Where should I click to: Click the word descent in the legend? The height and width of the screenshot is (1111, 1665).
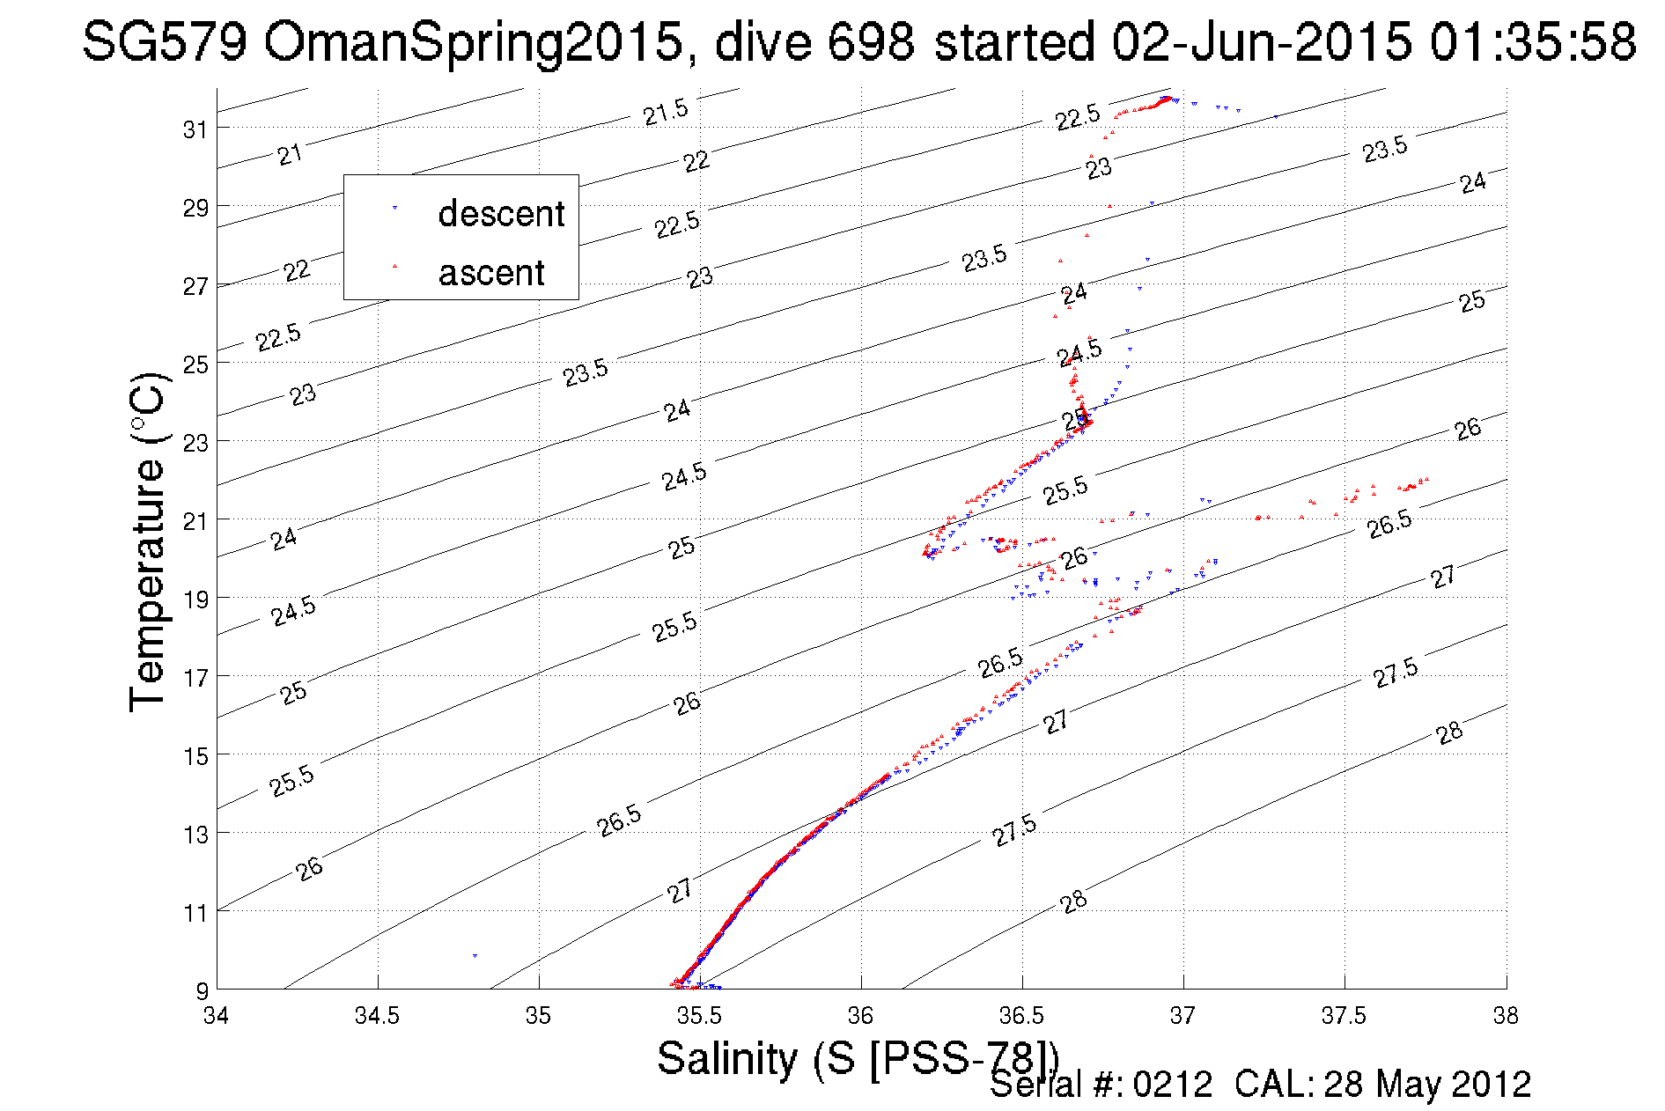[501, 214]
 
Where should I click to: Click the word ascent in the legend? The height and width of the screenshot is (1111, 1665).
[491, 273]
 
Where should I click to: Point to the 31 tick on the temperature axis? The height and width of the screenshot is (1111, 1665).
[195, 129]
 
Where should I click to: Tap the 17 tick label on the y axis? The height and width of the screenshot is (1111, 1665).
[195, 677]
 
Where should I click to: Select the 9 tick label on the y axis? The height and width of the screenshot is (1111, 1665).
[202, 990]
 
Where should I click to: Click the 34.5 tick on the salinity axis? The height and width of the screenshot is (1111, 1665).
[377, 1016]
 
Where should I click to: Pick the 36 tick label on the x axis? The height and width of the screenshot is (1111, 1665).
[860, 1016]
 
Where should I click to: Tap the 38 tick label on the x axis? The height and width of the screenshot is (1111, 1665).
[1505, 1016]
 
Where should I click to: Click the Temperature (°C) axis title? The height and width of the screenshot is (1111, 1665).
[147, 541]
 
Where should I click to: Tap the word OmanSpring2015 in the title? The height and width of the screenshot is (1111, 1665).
[474, 41]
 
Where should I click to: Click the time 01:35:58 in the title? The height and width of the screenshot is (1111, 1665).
[1532, 41]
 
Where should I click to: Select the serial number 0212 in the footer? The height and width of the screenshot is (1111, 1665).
[1173, 1084]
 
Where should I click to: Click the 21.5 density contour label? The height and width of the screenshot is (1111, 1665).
[665, 112]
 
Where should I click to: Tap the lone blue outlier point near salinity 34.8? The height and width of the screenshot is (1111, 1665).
[475, 955]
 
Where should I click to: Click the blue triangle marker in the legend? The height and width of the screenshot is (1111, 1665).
[394, 208]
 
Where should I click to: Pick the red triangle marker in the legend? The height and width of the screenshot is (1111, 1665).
[394, 265]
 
